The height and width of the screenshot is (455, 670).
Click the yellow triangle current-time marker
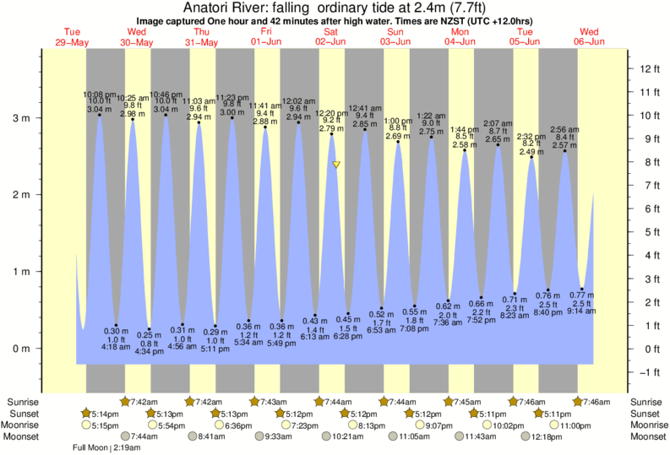click(x=336, y=165)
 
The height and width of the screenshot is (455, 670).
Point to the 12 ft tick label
click(x=650, y=68)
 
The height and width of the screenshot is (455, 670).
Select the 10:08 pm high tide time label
click(x=99, y=95)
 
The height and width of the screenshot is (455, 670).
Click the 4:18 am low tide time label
click(x=115, y=347)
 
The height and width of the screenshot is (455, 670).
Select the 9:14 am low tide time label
click(x=582, y=311)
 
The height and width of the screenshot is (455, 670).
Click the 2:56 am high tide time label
click(x=564, y=129)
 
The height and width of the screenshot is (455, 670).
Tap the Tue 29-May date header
click(x=72, y=36)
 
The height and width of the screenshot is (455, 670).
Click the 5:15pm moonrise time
click(x=97, y=425)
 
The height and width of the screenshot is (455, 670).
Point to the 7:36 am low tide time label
click(x=449, y=322)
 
